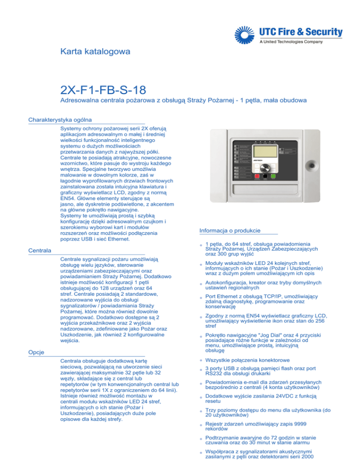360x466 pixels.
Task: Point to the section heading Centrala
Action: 40,251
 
